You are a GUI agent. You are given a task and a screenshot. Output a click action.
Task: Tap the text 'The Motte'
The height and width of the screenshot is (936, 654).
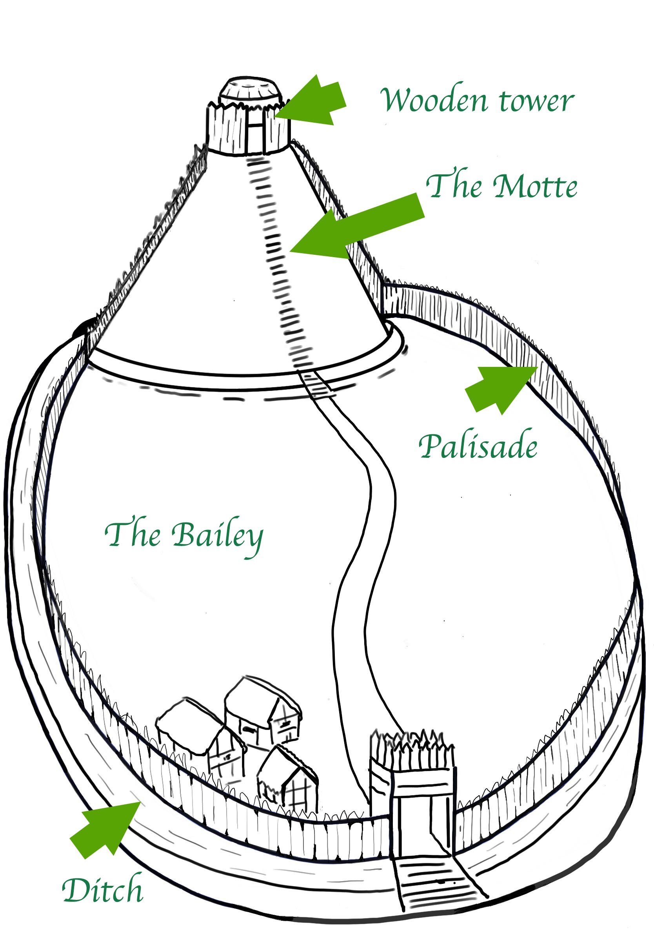(501, 186)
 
